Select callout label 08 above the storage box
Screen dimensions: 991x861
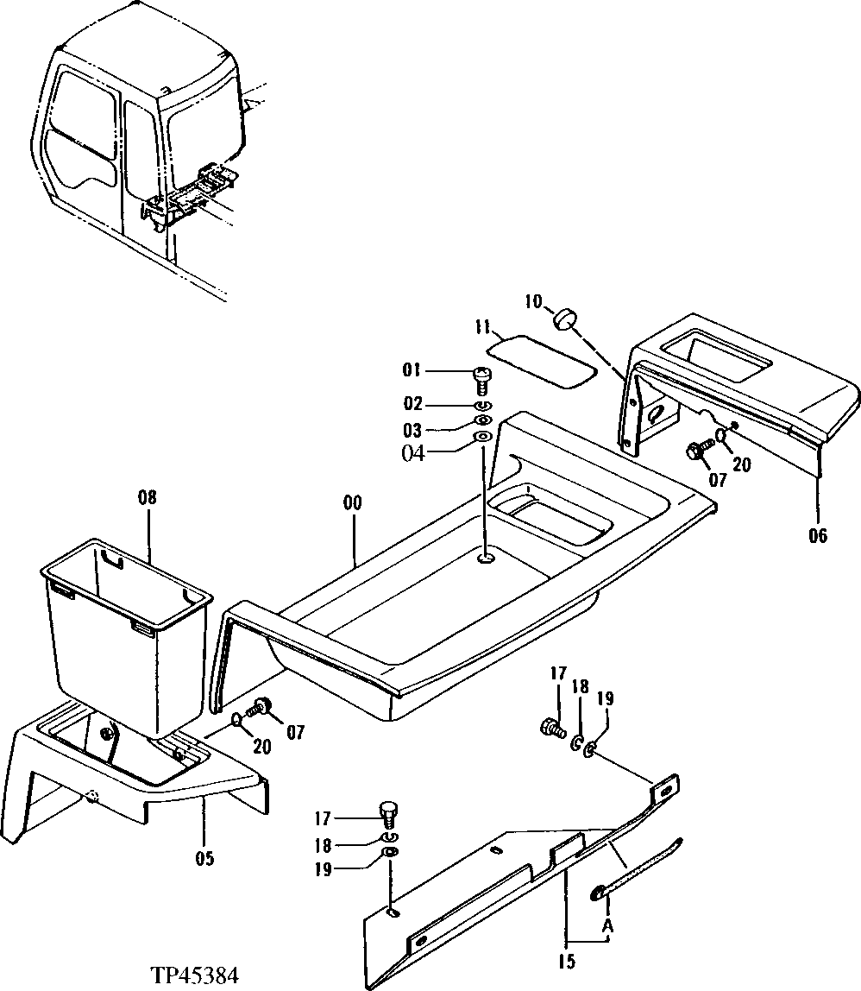pyautogui.click(x=148, y=498)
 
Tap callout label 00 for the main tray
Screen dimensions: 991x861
pyautogui.click(x=353, y=503)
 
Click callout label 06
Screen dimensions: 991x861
pyautogui.click(x=817, y=536)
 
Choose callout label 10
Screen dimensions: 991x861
pyautogui.click(x=533, y=302)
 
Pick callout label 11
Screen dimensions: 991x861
pyautogui.click(x=482, y=329)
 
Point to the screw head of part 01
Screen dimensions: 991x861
pyautogui.click(x=481, y=375)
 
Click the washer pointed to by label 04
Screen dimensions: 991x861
pyautogui.click(x=483, y=438)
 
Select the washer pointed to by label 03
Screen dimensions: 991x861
pyautogui.click(x=483, y=420)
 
